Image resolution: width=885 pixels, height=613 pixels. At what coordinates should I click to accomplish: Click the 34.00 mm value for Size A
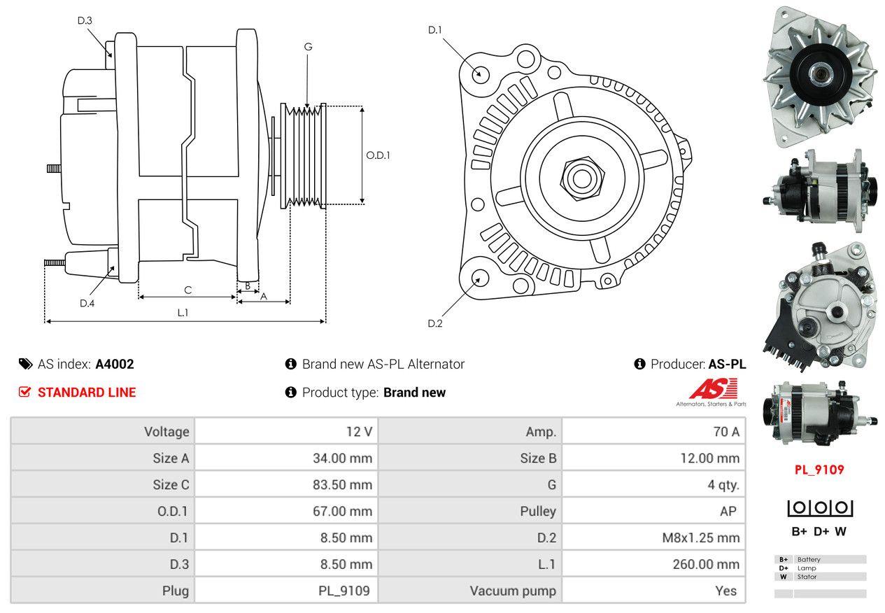pos(342,458)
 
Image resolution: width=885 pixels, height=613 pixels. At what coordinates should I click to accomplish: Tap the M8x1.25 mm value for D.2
pos(700,538)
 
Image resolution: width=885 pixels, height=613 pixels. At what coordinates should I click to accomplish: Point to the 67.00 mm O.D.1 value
pos(342,512)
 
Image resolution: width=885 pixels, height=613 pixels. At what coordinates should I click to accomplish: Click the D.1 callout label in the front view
pos(435,30)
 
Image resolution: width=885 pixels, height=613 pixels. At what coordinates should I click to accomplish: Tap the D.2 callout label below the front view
pos(435,323)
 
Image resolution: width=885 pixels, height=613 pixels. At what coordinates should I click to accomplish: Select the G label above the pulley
pos(308,47)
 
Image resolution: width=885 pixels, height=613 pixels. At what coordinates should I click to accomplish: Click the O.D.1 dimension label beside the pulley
pos(378,155)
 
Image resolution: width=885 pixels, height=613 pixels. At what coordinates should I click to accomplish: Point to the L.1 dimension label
pos(183,313)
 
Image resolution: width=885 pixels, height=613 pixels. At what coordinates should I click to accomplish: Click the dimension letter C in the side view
pos(187,290)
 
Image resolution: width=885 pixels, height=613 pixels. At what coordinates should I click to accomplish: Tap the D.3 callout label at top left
pos(85,21)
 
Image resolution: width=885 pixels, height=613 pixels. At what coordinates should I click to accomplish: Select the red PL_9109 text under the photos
pos(819,470)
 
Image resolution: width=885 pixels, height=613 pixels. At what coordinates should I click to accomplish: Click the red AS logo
pos(714,389)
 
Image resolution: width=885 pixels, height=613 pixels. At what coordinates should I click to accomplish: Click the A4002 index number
pos(115,364)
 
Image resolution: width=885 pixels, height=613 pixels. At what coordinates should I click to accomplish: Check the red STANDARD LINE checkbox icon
pos(24,393)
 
